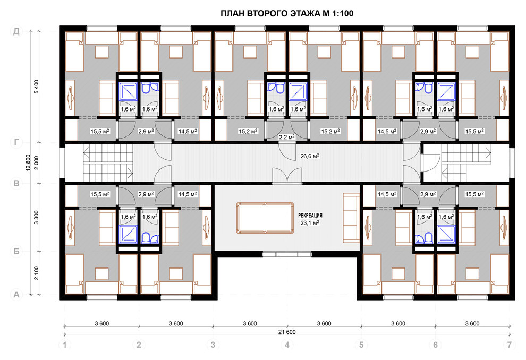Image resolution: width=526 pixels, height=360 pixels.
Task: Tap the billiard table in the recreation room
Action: click(x=265, y=218)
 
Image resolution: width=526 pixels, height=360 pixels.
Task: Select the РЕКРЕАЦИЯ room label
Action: click(x=310, y=216)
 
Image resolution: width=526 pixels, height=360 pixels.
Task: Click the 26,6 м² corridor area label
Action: click(x=310, y=156)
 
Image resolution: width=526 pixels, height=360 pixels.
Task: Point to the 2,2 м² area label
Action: click(x=287, y=137)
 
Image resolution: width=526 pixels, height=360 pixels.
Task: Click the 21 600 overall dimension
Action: click(x=287, y=332)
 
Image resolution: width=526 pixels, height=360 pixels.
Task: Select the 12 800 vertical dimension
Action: click(x=28, y=163)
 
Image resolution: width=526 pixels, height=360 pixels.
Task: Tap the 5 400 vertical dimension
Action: click(x=37, y=87)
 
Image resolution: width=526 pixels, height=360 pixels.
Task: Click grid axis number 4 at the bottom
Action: click(x=287, y=345)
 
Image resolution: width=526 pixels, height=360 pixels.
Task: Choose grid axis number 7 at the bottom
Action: click(x=510, y=345)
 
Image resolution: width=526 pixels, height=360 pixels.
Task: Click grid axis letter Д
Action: click(x=16, y=31)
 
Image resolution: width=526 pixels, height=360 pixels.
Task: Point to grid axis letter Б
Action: click(x=16, y=251)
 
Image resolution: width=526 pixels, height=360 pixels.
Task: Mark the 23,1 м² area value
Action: click(x=310, y=222)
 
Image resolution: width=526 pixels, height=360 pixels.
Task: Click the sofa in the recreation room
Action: click(x=351, y=217)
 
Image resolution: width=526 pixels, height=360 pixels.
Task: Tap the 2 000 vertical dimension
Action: click(x=37, y=163)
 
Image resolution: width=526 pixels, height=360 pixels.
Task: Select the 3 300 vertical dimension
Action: click(x=37, y=217)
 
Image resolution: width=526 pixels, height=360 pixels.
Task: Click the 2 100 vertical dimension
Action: click(x=37, y=273)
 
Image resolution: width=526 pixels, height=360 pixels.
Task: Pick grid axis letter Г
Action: click(x=16, y=143)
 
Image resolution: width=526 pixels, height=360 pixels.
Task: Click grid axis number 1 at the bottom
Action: click(x=65, y=345)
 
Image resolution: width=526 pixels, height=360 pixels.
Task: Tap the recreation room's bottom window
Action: click(x=287, y=254)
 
